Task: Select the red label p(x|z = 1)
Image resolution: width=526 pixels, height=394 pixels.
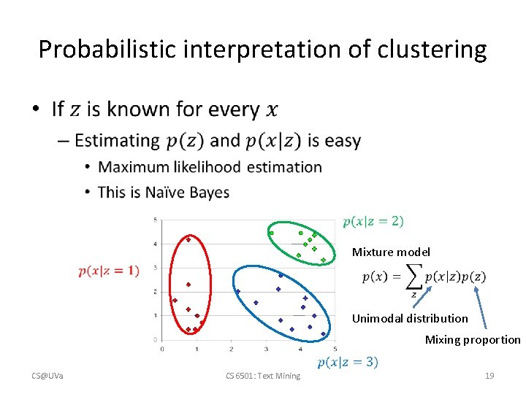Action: point(109,271)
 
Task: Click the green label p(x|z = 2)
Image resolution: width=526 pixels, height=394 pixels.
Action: point(373,221)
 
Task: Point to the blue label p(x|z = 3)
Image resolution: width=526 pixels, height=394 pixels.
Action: point(348,363)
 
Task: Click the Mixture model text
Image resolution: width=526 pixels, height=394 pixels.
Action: point(391,252)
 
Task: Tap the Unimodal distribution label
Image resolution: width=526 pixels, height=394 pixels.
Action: point(410,318)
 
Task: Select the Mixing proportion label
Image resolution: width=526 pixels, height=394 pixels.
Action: point(473,339)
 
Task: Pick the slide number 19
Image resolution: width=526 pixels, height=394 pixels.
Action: point(489,376)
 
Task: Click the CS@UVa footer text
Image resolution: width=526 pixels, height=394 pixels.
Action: point(47,376)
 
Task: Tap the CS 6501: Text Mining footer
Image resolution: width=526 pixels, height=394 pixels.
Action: point(263,376)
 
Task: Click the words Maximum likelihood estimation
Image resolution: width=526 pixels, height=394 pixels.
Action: point(210,167)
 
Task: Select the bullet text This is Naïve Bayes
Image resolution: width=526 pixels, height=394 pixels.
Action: point(164,193)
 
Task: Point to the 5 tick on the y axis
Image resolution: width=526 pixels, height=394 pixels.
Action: point(156,220)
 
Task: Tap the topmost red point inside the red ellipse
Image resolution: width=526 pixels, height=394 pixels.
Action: point(188,239)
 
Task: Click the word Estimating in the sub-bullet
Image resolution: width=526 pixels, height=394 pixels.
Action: point(117,140)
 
